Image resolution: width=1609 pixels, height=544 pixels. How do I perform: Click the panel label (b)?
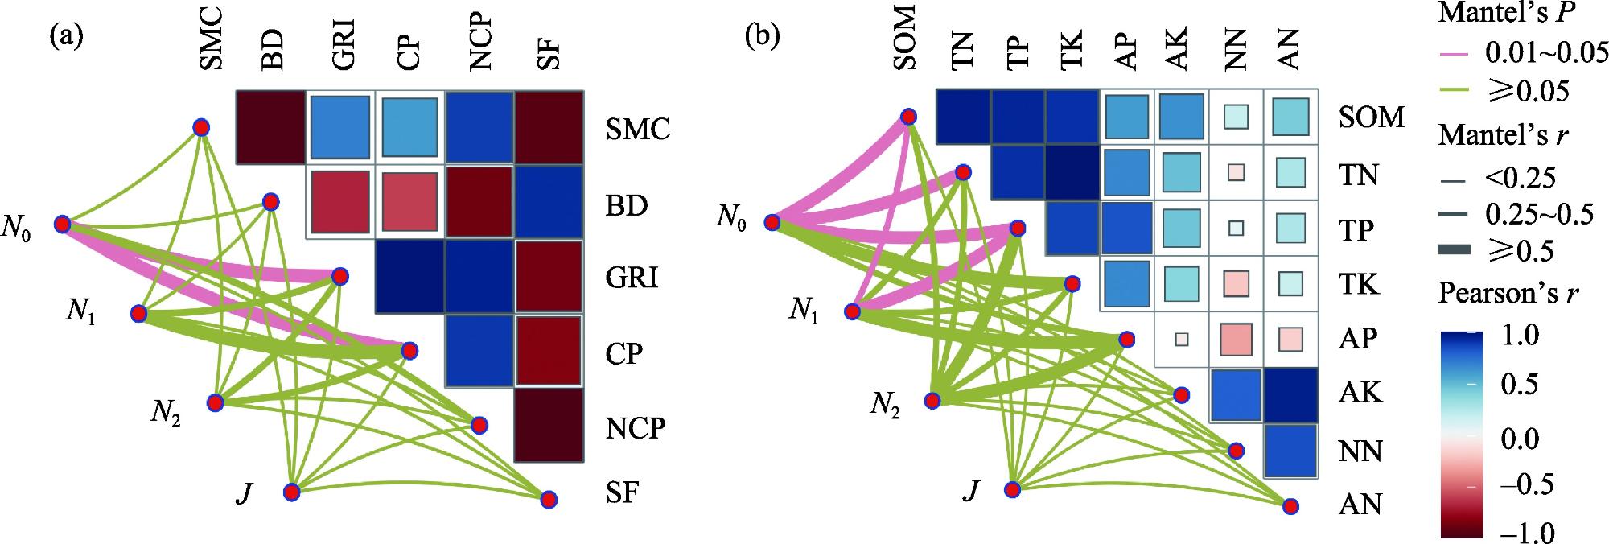761,38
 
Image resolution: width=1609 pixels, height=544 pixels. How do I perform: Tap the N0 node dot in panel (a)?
62,224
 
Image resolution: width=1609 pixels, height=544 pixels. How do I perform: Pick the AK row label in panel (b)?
1360,393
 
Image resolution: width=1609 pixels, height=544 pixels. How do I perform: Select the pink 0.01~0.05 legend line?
1458,55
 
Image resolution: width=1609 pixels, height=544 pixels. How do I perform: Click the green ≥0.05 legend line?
1458,92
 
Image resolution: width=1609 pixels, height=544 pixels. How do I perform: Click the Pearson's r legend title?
1508,295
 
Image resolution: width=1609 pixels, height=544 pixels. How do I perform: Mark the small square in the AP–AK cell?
1181,339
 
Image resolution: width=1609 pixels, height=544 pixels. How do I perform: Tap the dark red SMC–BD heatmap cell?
270,127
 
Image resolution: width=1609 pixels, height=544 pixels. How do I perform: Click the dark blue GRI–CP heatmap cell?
409,277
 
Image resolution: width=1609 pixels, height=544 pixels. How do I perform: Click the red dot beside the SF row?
549,499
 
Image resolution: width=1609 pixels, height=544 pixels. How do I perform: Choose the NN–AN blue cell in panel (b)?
1290,450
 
